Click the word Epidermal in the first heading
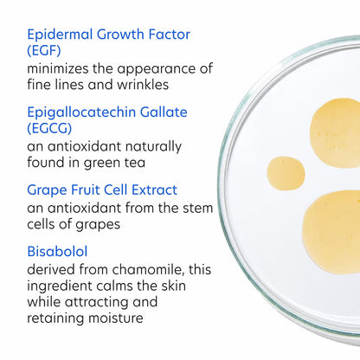pos(64,35)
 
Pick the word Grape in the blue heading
pos(48,190)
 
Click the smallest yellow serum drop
pos(286,173)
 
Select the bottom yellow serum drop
pos(332,232)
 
